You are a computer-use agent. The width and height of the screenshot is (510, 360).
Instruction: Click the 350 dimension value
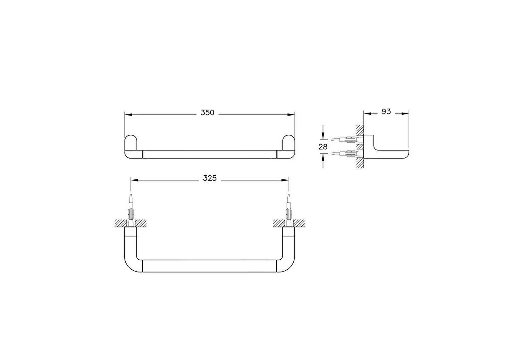[207, 113]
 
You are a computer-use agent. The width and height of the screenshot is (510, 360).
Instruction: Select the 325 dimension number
[210, 179]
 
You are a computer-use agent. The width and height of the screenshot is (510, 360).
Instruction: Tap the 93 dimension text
[386, 112]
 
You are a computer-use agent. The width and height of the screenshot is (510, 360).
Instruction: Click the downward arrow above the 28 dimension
[324, 136]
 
